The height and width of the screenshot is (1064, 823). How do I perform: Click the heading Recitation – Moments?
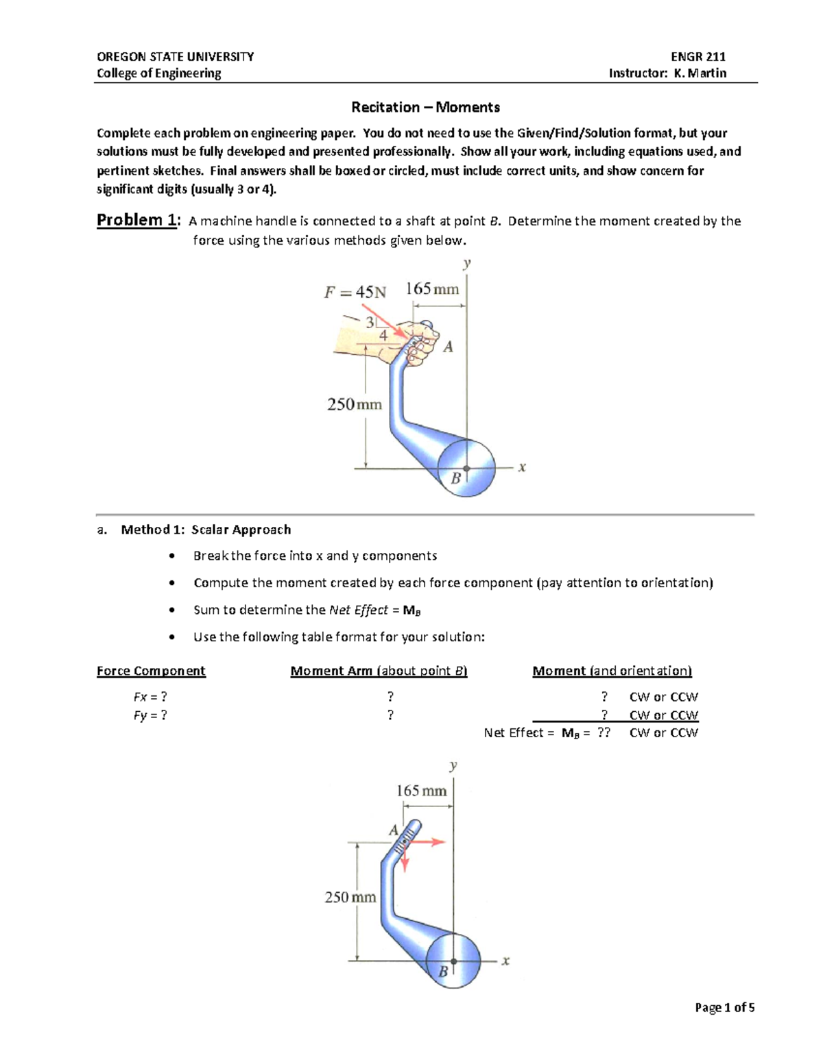coord(425,107)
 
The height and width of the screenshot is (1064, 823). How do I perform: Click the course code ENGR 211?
coord(698,57)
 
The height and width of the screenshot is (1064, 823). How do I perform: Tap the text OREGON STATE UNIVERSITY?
coord(175,57)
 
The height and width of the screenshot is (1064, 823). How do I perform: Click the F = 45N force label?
coord(355,293)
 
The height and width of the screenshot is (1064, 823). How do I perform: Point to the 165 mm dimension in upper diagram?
coord(432,289)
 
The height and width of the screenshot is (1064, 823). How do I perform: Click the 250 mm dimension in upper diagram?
coord(354,404)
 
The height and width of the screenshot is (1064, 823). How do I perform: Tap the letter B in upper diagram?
coord(455,479)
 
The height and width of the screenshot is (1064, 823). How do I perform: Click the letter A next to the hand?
coord(448,347)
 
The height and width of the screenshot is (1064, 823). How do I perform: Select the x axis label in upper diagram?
coord(522,468)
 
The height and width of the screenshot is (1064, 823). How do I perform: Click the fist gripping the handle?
coord(420,341)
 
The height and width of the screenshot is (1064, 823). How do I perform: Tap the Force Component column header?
coord(151,671)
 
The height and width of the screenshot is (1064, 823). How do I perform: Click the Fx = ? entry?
coord(150,697)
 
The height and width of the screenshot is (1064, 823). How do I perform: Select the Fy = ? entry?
coord(150,715)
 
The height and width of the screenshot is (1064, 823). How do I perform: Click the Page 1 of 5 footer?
coord(724,1007)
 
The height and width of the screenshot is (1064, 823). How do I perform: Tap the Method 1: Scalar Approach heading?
coord(206,530)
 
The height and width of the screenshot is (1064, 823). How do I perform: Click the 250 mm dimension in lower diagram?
coord(350,897)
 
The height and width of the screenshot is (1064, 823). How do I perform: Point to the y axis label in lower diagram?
coord(453,766)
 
